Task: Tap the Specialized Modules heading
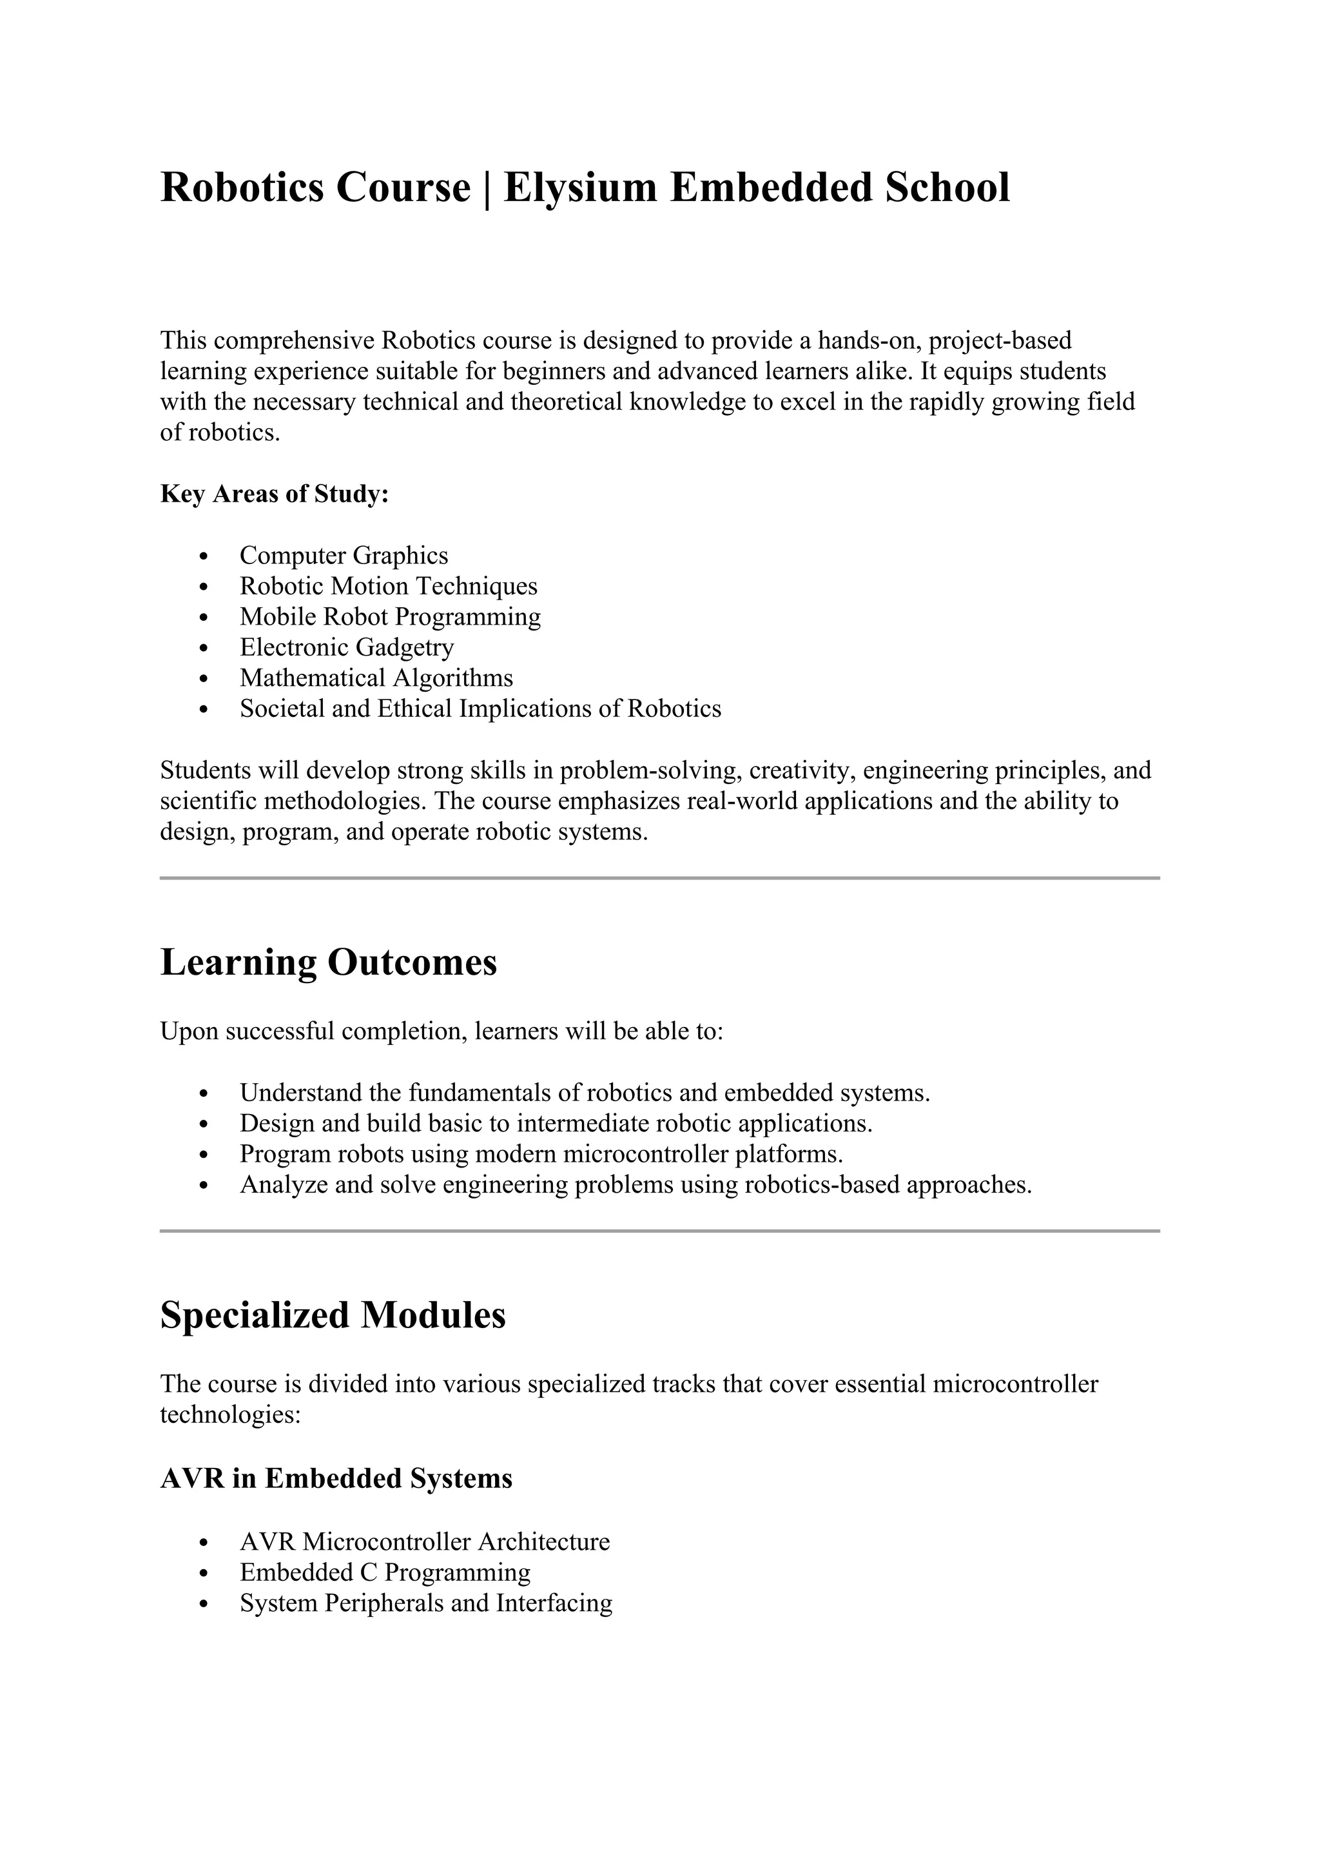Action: (333, 1315)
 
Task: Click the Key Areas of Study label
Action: (274, 494)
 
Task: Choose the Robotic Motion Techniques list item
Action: (389, 586)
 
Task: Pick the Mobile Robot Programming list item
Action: (390, 616)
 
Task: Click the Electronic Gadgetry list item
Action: (347, 647)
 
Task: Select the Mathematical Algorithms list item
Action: (376, 678)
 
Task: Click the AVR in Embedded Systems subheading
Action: (336, 1478)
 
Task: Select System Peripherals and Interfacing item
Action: (426, 1603)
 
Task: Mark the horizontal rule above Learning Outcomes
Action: (659, 878)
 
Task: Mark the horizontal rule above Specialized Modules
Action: (659, 1231)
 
